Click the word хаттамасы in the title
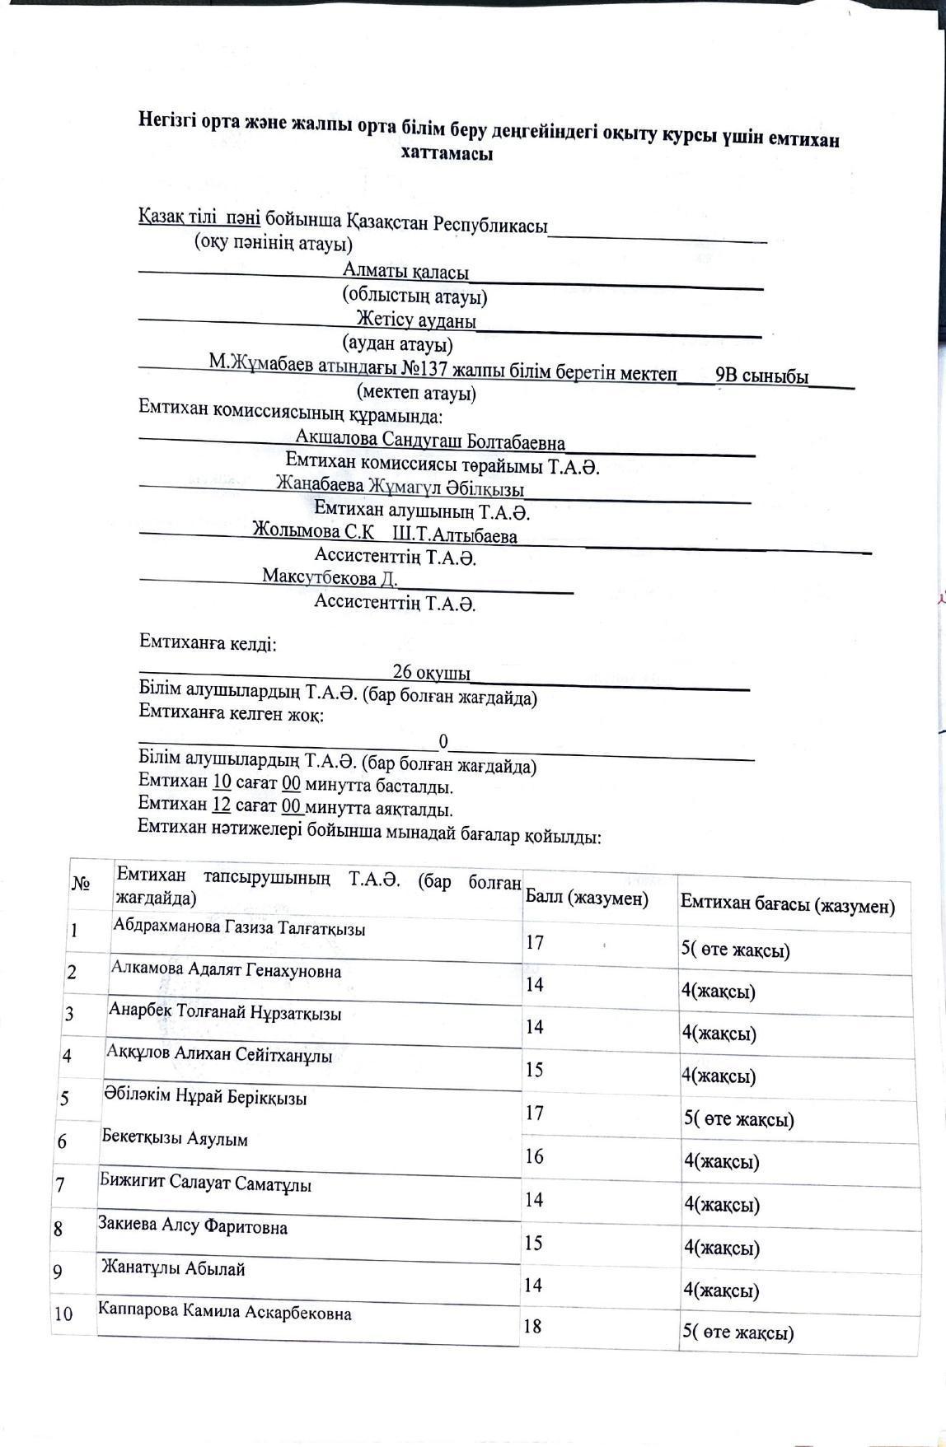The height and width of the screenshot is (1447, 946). coord(447,154)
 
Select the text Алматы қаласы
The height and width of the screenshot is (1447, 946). coord(406,272)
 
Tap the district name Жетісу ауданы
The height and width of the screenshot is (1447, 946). coord(416,320)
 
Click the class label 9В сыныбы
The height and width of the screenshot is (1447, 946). coord(761,376)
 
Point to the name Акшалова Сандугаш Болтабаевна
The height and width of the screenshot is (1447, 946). coord(430,442)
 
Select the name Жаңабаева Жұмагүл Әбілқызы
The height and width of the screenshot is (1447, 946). coord(400,487)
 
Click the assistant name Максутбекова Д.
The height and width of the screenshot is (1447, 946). coord(330,577)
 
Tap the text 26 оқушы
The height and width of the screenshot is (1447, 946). coord(431,673)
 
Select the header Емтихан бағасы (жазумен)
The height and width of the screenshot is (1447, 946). coord(787,905)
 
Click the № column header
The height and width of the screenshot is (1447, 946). coord(81,884)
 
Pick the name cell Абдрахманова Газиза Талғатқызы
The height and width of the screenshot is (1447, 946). coord(239,928)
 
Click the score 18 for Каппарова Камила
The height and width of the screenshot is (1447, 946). coord(533,1326)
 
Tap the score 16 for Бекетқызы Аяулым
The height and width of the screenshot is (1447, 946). coord(534,1156)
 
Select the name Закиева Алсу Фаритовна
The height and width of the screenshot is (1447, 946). coord(193,1227)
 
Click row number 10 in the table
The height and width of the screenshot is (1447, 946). coord(63,1314)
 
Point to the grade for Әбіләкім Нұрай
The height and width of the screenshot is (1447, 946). coord(738,1119)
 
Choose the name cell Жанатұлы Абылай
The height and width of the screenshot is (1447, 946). coord(173,1268)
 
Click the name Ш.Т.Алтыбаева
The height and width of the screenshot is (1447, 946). coord(455,536)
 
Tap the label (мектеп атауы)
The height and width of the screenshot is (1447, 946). coord(416,393)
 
